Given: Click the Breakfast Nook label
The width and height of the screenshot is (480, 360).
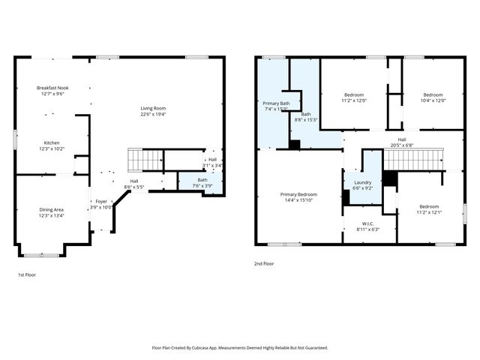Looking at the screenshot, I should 52,88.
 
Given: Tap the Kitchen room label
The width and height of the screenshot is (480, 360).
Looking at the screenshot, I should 52,142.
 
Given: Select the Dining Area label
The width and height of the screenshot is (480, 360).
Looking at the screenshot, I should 52,209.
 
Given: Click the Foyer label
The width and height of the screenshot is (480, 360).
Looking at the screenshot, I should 100,201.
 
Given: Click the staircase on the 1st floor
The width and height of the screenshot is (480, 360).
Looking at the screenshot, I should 145,159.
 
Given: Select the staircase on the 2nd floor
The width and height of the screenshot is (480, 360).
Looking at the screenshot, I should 413,159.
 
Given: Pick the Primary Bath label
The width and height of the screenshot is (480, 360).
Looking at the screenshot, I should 277,103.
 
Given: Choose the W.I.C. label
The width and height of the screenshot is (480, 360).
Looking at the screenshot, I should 368,223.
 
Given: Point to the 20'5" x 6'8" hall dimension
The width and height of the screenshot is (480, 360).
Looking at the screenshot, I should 402,145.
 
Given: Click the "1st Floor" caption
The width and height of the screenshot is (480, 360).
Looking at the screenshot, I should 26,275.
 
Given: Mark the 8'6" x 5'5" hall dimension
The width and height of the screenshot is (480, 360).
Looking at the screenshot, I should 134,187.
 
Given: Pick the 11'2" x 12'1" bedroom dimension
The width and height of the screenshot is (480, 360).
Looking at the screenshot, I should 429,212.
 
